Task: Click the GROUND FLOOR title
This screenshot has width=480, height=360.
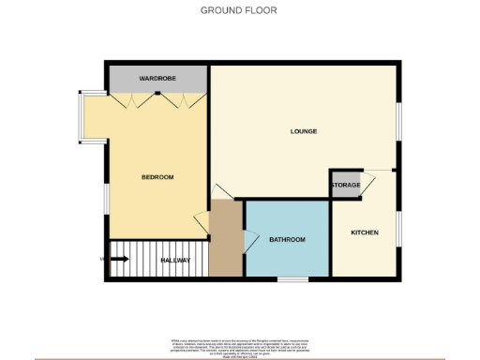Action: [x=239, y=10]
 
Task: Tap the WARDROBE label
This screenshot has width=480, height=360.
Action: [x=157, y=79]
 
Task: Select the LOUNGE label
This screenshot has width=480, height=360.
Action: [x=303, y=131]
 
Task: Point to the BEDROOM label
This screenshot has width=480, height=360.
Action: [x=157, y=177]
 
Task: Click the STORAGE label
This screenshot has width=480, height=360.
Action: [x=344, y=186]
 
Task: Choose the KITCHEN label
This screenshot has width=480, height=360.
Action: [x=365, y=232]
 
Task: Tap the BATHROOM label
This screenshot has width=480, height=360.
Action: [x=288, y=240]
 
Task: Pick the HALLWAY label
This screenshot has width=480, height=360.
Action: [x=175, y=260]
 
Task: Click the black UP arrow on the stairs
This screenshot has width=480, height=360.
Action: [x=120, y=259]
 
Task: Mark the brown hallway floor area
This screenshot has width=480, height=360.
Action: [x=225, y=239]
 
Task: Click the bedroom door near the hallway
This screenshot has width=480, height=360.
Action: [x=201, y=221]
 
